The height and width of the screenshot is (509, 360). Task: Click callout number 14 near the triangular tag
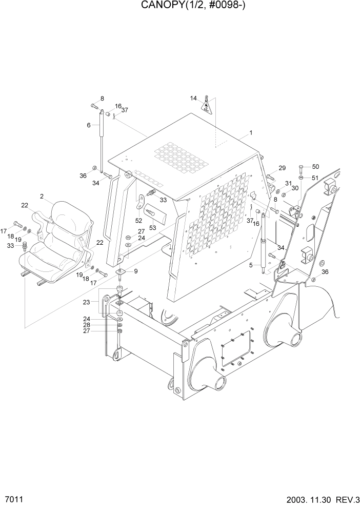click(x=193, y=98)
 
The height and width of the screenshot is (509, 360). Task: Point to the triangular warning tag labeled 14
click(x=207, y=105)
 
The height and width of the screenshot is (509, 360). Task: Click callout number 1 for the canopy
click(x=251, y=133)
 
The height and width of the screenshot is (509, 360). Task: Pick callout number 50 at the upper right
click(x=315, y=167)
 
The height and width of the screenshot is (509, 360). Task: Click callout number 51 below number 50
click(x=315, y=178)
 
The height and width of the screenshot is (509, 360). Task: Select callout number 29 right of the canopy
click(x=282, y=168)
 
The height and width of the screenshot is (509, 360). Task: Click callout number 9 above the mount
click(x=136, y=271)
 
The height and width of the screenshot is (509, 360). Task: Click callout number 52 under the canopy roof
click(x=138, y=220)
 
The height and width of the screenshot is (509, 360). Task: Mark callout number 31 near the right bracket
click(x=288, y=184)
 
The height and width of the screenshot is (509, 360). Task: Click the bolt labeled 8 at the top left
click(x=93, y=106)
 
